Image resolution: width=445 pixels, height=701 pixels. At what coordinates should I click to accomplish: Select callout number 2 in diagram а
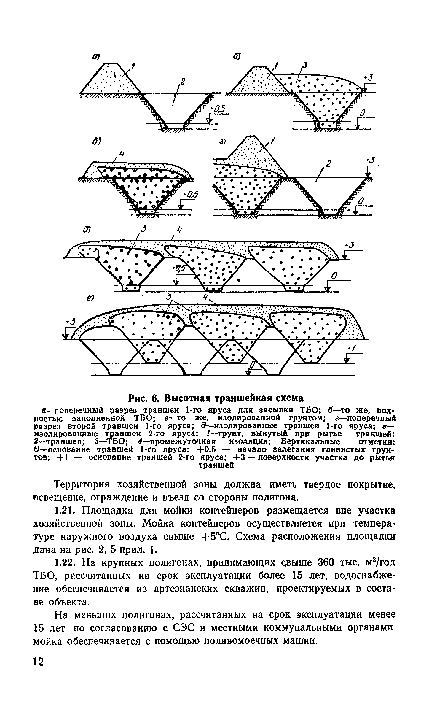pyautogui.click(x=183, y=81)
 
